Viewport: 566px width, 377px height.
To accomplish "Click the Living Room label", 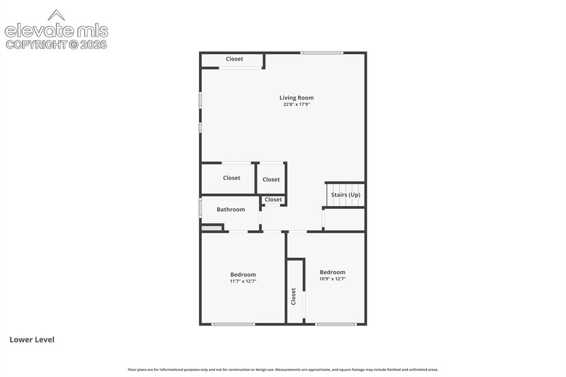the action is [296, 97].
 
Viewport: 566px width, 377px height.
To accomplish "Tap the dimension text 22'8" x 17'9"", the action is [296, 104].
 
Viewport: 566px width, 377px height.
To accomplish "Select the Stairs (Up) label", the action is [345, 195].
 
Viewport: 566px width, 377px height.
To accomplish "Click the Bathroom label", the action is [230, 210].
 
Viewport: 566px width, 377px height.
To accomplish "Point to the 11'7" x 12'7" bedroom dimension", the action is [243, 281].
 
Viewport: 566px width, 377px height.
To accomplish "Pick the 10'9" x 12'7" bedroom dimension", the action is [332, 279].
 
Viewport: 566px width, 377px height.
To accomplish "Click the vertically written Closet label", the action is [294, 296].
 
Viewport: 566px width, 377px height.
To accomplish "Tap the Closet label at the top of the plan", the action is [234, 59].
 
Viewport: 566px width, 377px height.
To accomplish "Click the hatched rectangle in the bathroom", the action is [211, 228].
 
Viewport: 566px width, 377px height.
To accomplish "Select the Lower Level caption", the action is [32, 339].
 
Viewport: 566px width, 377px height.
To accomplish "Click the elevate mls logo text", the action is [56, 31].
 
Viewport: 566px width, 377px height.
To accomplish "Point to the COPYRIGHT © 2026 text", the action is [56, 45].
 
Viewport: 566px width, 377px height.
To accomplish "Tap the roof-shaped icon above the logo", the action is [56, 15].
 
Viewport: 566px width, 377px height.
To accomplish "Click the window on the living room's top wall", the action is [322, 53].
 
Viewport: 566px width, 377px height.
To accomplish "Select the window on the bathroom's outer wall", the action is [201, 207].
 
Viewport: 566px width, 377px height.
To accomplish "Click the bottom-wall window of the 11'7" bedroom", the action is [233, 324].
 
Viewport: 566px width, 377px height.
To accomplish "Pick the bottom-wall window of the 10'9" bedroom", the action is [336, 324].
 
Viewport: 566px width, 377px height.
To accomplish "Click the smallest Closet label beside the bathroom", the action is [273, 200].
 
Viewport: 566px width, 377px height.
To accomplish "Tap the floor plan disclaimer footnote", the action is [283, 370].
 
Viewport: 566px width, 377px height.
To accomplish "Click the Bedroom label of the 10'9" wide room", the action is [332, 273].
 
